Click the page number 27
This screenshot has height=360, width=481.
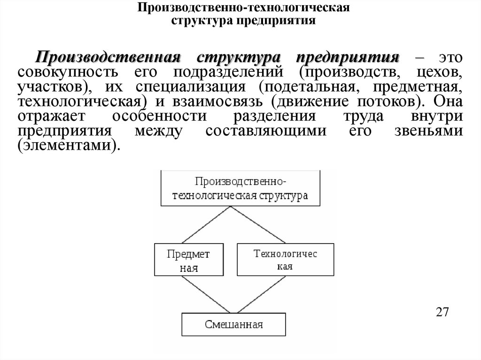coord(442,312)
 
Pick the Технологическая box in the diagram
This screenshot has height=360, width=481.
coord(286,260)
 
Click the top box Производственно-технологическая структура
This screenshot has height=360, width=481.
coord(241,188)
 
